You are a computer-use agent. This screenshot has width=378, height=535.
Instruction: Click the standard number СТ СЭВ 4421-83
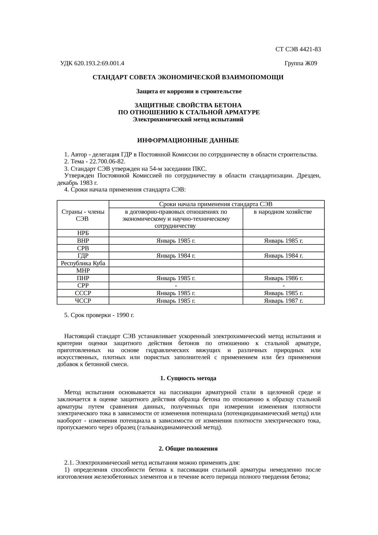[x=298, y=49]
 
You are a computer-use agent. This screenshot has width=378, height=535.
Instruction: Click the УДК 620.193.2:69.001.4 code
[x=92, y=63]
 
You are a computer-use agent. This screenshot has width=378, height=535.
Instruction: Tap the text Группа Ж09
[x=301, y=63]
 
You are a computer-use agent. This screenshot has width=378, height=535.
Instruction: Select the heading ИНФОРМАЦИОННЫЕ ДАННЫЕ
[x=188, y=141]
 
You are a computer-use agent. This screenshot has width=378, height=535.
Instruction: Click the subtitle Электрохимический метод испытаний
[x=188, y=119]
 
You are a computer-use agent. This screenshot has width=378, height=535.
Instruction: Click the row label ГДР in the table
[x=83, y=256]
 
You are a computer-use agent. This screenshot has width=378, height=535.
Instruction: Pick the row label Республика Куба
[x=83, y=263]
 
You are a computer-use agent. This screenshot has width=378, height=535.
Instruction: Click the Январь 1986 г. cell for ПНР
[x=283, y=278]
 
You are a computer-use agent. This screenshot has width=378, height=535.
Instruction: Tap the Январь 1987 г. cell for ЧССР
[x=283, y=301]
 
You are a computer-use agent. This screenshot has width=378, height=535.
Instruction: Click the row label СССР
[x=83, y=293]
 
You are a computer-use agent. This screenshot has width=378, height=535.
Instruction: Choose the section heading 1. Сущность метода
[x=188, y=378]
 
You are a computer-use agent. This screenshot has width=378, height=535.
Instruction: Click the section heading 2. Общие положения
[x=188, y=449]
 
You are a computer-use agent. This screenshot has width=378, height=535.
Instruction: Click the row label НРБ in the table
[x=83, y=233]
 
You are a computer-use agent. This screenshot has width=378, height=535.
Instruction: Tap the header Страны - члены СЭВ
[x=83, y=215]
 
